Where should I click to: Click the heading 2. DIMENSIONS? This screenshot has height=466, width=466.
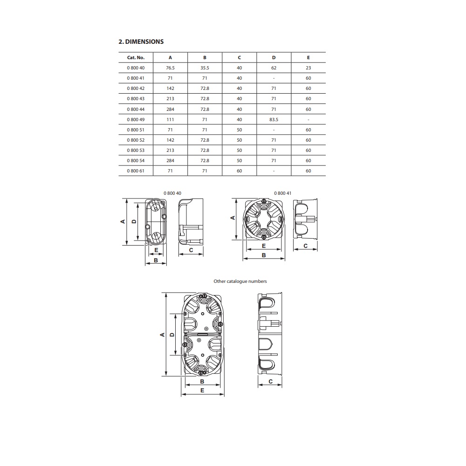pos(141,41)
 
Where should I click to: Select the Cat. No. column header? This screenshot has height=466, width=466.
pos(136,58)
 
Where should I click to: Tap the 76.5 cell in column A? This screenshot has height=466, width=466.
pos(170,68)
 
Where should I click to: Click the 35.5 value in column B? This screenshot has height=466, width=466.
pos(205,68)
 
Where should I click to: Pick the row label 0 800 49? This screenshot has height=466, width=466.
pos(136,119)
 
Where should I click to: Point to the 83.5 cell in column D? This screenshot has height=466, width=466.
pos(274,119)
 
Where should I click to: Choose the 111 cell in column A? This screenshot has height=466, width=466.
pos(170,119)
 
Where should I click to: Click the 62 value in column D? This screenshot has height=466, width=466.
pos(274,68)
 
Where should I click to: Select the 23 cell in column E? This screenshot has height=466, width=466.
pos(308,68)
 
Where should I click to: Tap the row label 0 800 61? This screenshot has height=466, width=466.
pos(136,171)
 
